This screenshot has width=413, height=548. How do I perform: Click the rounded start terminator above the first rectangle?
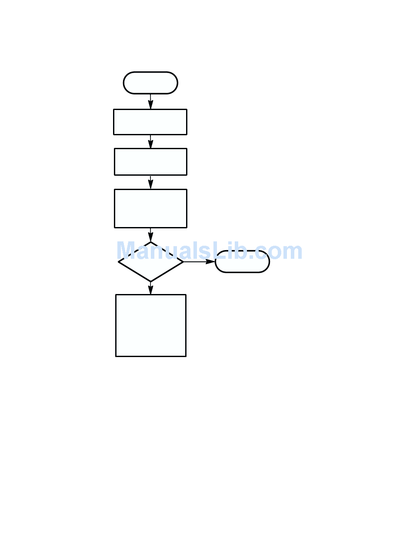pyautogui.click(x=150, y=83)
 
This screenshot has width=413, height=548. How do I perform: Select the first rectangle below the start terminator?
pyautogui.click(x=150, y=122)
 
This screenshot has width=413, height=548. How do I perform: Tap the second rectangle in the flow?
pyautogui.click(x=150, y=162)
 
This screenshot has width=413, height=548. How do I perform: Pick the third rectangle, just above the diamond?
pyautogui.click(x=150, y=208)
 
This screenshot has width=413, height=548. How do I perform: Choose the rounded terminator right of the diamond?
pyautogui.click(x=243, y=262)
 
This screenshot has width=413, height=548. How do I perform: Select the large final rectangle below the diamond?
pyautogui.click(x=150, y=325)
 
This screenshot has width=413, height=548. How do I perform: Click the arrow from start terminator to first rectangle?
pyautogui.click(x=150, y=102)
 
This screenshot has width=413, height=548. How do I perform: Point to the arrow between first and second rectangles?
pyautogui.click(x=150, y=142)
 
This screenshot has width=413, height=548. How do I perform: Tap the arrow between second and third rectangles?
pyautogui.click(x=150, y=182)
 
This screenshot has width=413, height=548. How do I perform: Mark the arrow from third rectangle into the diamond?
pyautogui.click(x=150, y=235)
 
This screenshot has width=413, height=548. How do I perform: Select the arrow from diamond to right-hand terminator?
pyautogui.click(x=199, y=262)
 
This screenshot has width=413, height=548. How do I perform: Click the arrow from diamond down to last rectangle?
pyautogui.click(x=150, y=288)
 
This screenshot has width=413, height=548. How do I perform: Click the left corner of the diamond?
pyautogui.click(x=119, y=262)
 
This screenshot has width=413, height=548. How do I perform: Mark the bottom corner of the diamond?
pyautogui.click(x=150, y=281)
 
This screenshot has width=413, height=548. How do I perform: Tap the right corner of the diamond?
pyautogui.click(x=183, y=262)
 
